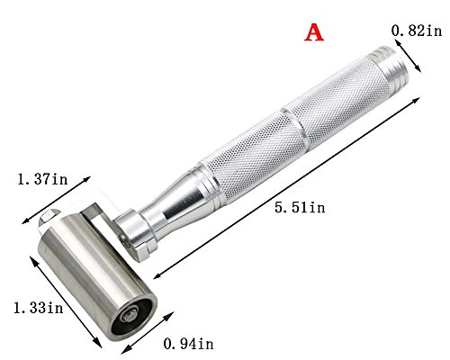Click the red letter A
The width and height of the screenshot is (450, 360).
tap(314, 32)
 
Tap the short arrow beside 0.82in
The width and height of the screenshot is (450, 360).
tap(409, 58)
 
